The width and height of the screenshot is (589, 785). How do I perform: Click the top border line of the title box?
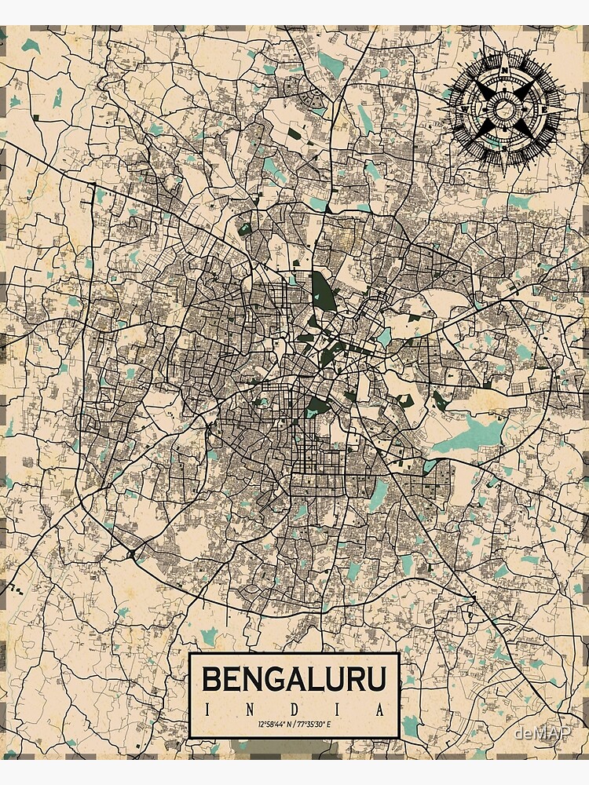[x=294, y=654]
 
